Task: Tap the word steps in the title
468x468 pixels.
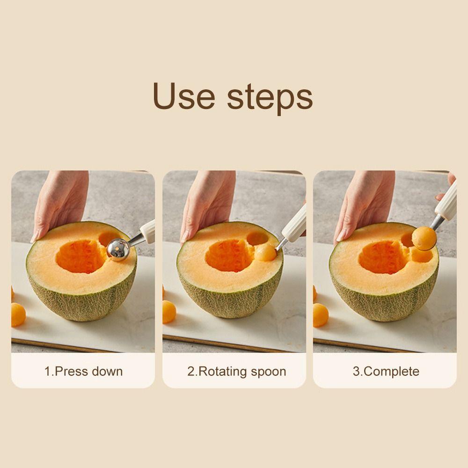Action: tap(270, 97)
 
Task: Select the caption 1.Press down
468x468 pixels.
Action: tap(83, 372)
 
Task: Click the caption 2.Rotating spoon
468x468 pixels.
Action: tap(236, 372)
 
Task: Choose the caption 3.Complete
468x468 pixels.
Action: tap(386, 372)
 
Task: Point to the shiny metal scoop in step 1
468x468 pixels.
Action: tap(118, 249)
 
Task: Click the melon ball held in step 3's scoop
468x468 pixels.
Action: tap(424, 238)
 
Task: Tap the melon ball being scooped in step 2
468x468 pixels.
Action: tap(265, 253)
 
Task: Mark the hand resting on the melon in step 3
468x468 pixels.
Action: tap(363, 201)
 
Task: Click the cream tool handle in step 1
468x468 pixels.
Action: tap(147, 231)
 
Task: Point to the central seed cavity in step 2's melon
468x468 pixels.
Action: tap(229, 255)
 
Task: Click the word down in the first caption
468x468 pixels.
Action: tap(107, 372)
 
